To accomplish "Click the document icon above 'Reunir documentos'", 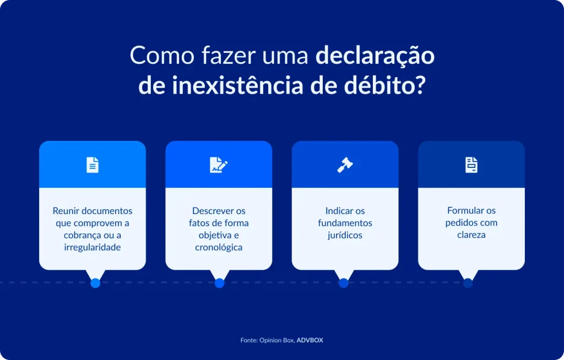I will pos(93,165).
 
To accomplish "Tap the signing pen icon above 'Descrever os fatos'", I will pos(219,165).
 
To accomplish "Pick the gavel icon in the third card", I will pos(345,165).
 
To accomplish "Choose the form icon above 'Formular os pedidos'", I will pos(471,165).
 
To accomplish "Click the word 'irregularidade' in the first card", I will pos(93,248).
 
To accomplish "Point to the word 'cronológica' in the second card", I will pos(219,248).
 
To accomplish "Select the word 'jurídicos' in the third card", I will pos(345,235).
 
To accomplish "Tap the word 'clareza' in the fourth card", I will pos(471,235).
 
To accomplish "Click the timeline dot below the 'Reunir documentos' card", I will pos(95,283).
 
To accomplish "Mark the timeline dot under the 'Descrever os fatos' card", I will pos(219,283).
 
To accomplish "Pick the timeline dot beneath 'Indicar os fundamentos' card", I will pos(344,283).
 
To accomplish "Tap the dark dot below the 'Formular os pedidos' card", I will pos(468,283).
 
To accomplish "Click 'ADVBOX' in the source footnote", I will pos(310,340).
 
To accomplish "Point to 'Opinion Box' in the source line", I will pos(277,340).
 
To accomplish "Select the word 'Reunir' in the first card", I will pos(65,211).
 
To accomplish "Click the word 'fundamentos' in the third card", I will pos(345,223).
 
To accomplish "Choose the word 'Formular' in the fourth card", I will pos(462,211).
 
